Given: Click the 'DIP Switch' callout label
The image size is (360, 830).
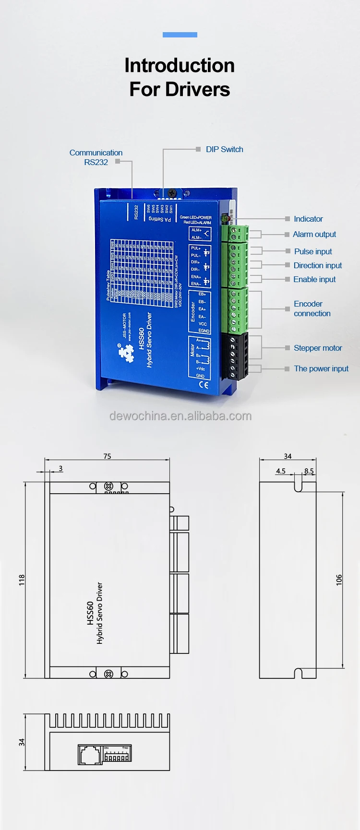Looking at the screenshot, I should click(224, 149).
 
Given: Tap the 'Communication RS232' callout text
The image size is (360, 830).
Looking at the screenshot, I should click(96, 157).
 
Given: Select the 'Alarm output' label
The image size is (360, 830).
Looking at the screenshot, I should click(314, 234).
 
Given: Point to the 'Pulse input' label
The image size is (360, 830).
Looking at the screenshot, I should click(313, 251).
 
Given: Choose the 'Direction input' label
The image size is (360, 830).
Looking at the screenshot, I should click(318, 265).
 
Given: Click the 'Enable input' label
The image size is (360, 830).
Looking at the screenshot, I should click(314, 279).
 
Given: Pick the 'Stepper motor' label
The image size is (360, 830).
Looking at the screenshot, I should click(318, 348).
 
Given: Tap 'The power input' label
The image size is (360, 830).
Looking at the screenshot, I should click(321, 368).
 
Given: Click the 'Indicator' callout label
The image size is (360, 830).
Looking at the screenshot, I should click(308, 219).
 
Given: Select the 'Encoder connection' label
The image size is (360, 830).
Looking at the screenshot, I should click(312, 308).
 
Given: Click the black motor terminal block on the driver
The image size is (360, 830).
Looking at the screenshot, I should click(235, 356).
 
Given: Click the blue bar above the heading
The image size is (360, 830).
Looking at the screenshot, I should click(180, 35).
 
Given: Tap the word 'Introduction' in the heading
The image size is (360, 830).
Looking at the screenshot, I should click(180, 66).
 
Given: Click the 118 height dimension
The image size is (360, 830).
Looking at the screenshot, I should click(22, 580).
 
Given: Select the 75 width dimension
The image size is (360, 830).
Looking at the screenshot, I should click(107, 456).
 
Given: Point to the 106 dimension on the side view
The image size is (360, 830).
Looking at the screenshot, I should click(339, 580).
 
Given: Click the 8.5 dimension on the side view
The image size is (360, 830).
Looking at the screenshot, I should click(309, 471).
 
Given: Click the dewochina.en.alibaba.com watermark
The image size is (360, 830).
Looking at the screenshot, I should click(180, 416).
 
